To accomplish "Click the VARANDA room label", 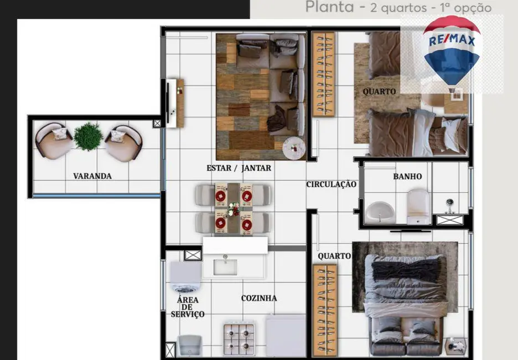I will [x=92, y=176].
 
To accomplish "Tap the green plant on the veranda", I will [x=89, y=136].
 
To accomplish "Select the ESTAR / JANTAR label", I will [x=239, y=168].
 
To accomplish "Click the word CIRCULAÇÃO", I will [x=331, y=184].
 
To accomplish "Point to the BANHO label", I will [x=407, y=177].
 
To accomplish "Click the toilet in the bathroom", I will [x=418, y=205].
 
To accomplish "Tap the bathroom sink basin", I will [x=380, y=211].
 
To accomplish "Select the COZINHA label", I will [x=259, y=298].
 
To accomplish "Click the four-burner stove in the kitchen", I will [x=239, y=338].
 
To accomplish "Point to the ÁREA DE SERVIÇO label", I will [x=187, y=307].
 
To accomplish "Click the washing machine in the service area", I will [x=185, y=277].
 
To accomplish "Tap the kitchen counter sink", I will [x=225, y=265].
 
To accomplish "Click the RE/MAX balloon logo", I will [x=452, y=50].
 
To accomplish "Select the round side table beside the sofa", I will [x=294, y=148].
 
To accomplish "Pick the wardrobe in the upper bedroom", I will [x=323, y=74].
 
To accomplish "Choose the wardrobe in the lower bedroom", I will [x=324, y=309].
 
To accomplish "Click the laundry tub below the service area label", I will [x=189, y=344].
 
